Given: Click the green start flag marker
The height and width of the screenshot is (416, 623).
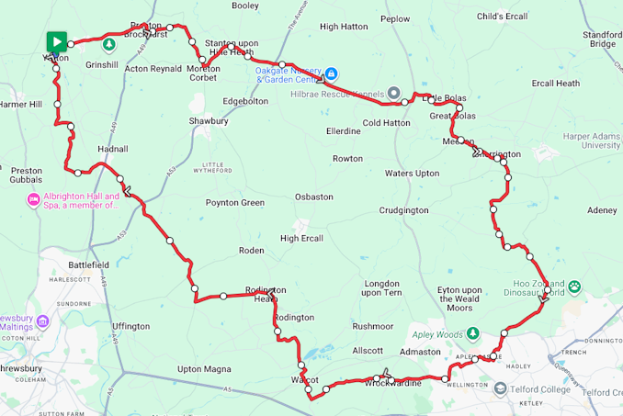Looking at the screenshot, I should point(57,41).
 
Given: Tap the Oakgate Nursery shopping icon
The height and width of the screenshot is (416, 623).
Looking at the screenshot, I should point(332,73).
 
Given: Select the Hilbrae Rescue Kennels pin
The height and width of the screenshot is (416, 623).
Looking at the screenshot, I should point(393,92).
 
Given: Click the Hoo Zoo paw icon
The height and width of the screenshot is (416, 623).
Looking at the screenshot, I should point(575,287).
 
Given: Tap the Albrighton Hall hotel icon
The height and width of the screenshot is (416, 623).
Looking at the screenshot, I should point(34,199).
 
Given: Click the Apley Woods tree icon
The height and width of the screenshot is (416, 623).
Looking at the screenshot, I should point(472,332).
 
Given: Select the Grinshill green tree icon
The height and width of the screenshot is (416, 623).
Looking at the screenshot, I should point(108,44).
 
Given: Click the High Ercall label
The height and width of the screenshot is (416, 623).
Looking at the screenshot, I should point(302,238).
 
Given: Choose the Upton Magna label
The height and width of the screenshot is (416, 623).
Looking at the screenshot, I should point(203,368).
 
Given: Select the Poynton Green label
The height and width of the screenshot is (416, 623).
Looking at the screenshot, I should point(234,202).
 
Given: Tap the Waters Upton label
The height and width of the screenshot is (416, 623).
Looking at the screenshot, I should point(412,173).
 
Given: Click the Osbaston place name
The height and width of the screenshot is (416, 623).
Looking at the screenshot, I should point(313,197).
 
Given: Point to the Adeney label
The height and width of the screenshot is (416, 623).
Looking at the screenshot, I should point(602,210).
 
